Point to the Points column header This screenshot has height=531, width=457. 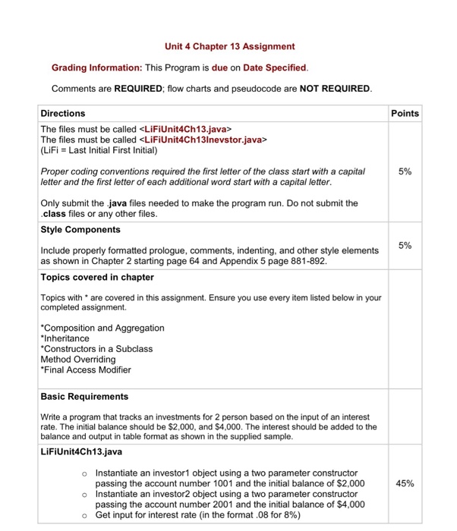[x=405, y=113]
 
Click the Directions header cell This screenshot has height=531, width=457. [x=63, y=113]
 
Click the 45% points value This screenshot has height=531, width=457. [x=404, y=482]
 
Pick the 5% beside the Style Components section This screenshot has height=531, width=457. [x=405, y=245]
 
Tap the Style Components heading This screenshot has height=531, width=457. [x=80, y=229]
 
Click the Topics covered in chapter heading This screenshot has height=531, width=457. [x=97, y=277]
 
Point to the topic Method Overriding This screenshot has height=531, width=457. [x=78, y=359]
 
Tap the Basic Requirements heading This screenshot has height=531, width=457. [x=84, y=396]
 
